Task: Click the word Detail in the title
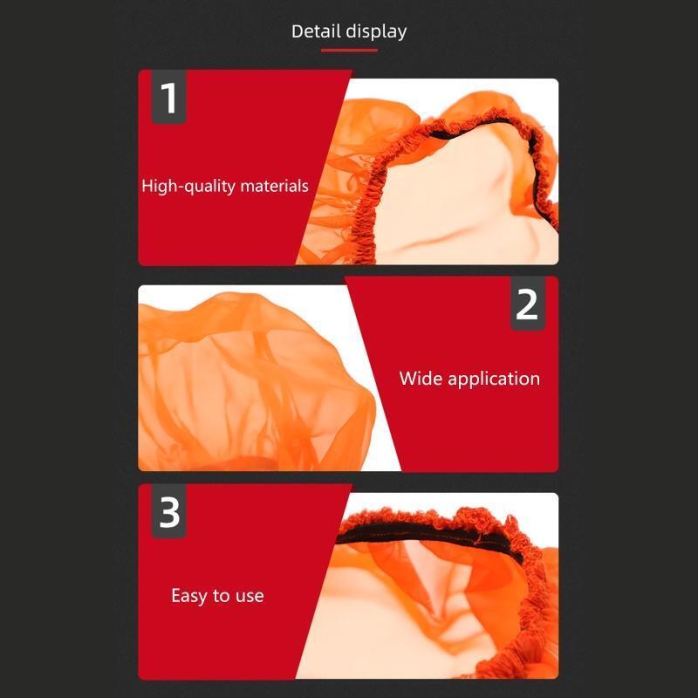316,31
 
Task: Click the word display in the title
376,32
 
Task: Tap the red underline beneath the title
349,51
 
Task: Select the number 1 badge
168,97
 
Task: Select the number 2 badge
528,304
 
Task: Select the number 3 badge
168,511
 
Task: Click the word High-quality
188,186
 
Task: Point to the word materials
274,186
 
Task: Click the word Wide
421,379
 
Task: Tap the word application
494,380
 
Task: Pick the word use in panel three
250,597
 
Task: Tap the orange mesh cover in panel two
254,383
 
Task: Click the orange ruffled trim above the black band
428,517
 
